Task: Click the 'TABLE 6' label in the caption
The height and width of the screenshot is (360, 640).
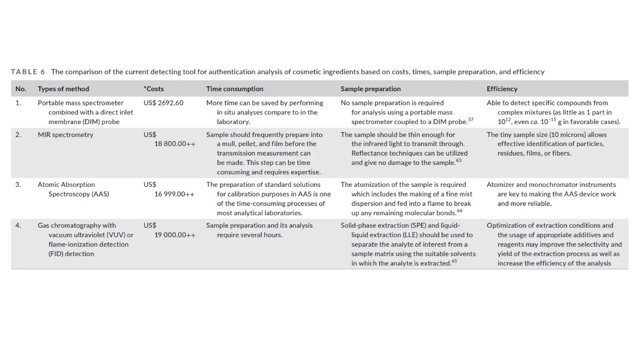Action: (x=28, y=72)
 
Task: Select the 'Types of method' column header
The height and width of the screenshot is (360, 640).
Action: (x=63, y=89)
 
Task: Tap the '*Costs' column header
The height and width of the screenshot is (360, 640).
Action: (x=154, y=89)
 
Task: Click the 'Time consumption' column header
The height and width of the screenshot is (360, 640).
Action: (x=235, y=89)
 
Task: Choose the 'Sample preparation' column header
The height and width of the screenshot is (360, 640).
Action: (x=371, y=89)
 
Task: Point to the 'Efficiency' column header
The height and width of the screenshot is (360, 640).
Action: (x=502, y=89)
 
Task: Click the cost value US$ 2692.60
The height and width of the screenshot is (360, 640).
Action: (x=163, y=103)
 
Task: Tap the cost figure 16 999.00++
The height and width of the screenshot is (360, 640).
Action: (x=174, y=194)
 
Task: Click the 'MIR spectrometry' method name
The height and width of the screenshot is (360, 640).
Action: (x=66, y=135)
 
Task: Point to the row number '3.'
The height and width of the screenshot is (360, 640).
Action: (x=18, y=185)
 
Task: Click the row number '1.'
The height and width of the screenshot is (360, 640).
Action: (x=18, y=103)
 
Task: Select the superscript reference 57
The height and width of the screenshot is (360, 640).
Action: (x=471, y=119)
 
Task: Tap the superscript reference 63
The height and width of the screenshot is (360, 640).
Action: (x=458, y=160)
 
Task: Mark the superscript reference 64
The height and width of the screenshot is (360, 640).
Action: (x=459, y=211)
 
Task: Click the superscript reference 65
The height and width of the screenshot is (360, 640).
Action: (x=454, y=261)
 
